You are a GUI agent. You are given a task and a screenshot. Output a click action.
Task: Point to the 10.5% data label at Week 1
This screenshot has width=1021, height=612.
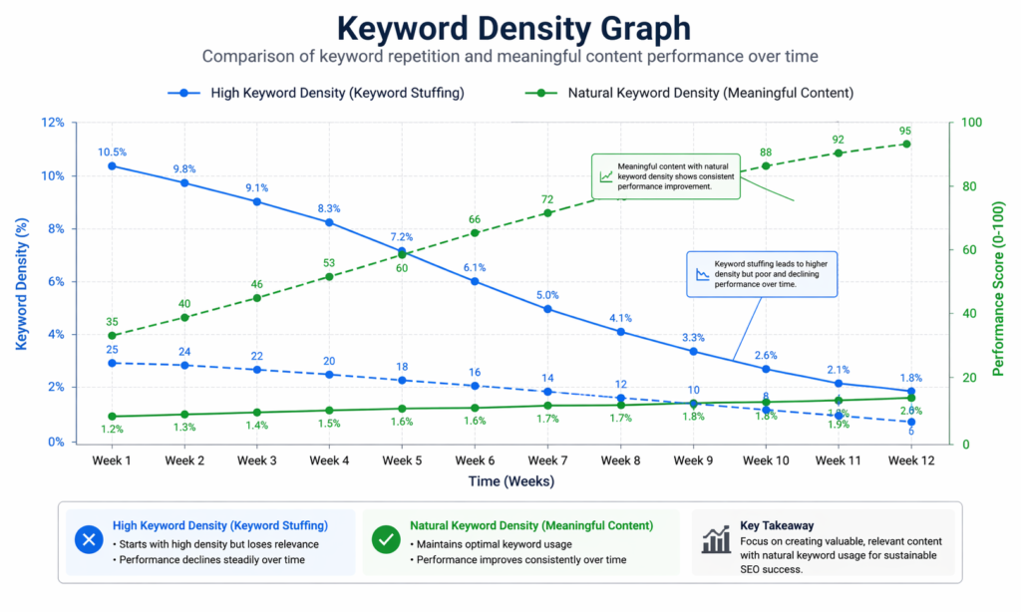[112, 153]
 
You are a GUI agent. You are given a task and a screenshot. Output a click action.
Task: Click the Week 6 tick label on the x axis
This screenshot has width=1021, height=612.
[475, 460]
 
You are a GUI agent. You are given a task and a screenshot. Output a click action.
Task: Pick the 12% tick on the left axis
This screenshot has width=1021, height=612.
[52, 124]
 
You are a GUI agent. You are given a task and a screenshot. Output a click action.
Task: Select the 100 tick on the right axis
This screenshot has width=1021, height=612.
[971, 124]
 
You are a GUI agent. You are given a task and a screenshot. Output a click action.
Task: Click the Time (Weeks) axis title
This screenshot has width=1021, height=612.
[510, 481]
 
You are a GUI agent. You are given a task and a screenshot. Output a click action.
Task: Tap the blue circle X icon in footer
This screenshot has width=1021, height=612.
[89, 540]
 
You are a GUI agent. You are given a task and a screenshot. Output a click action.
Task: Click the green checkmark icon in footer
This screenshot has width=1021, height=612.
[385, 540]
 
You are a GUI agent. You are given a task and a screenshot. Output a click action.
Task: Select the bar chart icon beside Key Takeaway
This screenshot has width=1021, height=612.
[715, 540]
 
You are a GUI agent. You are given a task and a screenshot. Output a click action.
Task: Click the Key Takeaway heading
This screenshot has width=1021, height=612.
[778, 524]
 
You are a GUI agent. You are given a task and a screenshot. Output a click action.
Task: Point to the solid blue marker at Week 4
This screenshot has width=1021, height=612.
[329, 222]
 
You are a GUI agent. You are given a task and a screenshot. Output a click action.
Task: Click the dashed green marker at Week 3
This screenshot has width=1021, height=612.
[257, 298]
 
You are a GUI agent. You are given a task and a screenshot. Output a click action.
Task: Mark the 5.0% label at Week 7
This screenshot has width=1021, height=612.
[547, 295]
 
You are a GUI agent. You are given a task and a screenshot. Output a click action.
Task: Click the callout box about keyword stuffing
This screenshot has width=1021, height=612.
[763, 273]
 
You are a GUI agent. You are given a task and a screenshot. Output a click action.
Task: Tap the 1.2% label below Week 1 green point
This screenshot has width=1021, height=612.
[112, 430]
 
